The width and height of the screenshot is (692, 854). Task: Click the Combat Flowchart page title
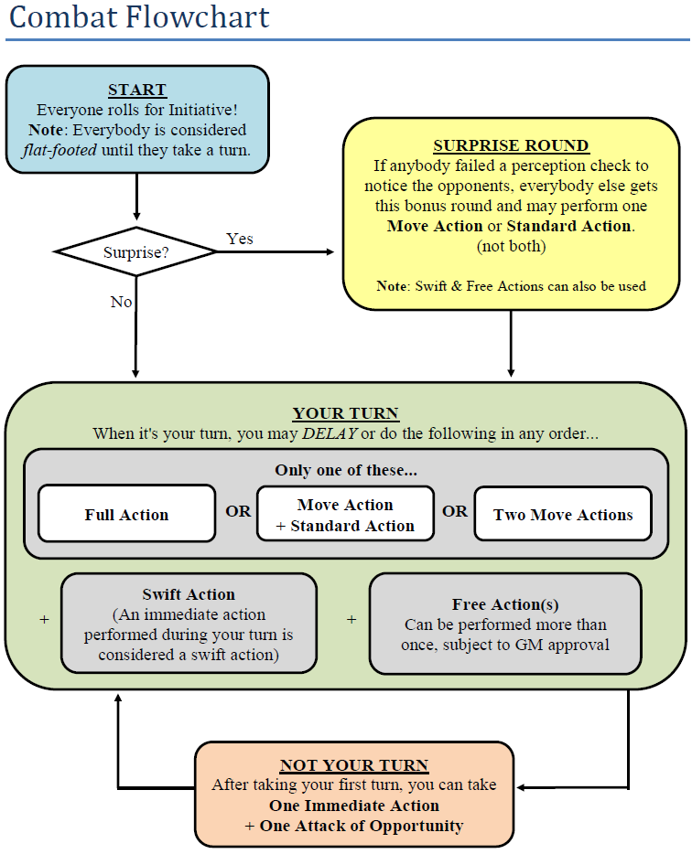138,17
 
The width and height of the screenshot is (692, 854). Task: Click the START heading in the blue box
137,90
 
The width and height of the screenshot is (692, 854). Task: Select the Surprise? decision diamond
135,251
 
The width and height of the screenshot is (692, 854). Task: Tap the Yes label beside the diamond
240,239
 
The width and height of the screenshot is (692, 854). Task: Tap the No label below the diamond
121,302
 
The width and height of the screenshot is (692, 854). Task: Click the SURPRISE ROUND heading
511,145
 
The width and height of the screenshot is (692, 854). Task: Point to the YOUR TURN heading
345,413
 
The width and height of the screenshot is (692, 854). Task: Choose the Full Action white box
126,515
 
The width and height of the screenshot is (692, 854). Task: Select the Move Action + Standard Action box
345,516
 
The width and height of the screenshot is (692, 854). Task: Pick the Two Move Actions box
563,515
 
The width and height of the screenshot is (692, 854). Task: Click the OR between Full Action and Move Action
238,511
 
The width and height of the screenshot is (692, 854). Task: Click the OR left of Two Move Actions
455,511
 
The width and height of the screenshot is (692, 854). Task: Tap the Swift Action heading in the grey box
189,594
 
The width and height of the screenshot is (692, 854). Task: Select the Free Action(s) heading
505,604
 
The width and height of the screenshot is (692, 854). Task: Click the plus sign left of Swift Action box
44,620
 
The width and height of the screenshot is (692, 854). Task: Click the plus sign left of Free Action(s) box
351,620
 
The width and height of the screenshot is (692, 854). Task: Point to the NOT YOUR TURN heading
353,765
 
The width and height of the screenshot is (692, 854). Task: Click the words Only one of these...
345,471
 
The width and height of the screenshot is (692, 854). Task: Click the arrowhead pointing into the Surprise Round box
330,251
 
